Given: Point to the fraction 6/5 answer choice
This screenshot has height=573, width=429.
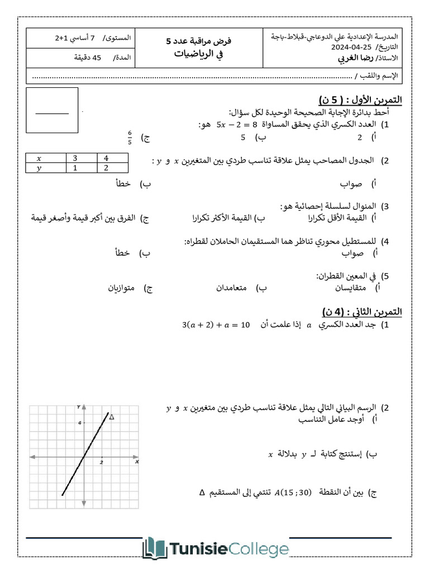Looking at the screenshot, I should [130, 137].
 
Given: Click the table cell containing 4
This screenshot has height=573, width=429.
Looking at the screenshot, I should [106, 158].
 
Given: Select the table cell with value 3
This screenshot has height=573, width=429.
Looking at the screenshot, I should [75, 158].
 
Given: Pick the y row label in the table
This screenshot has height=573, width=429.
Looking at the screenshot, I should [39, 167].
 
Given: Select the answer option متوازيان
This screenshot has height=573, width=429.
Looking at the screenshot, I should [124, 288].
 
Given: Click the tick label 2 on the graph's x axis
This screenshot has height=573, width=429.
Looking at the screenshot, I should [101, 462].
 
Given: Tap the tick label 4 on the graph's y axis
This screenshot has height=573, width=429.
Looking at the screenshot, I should [80, 422].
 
